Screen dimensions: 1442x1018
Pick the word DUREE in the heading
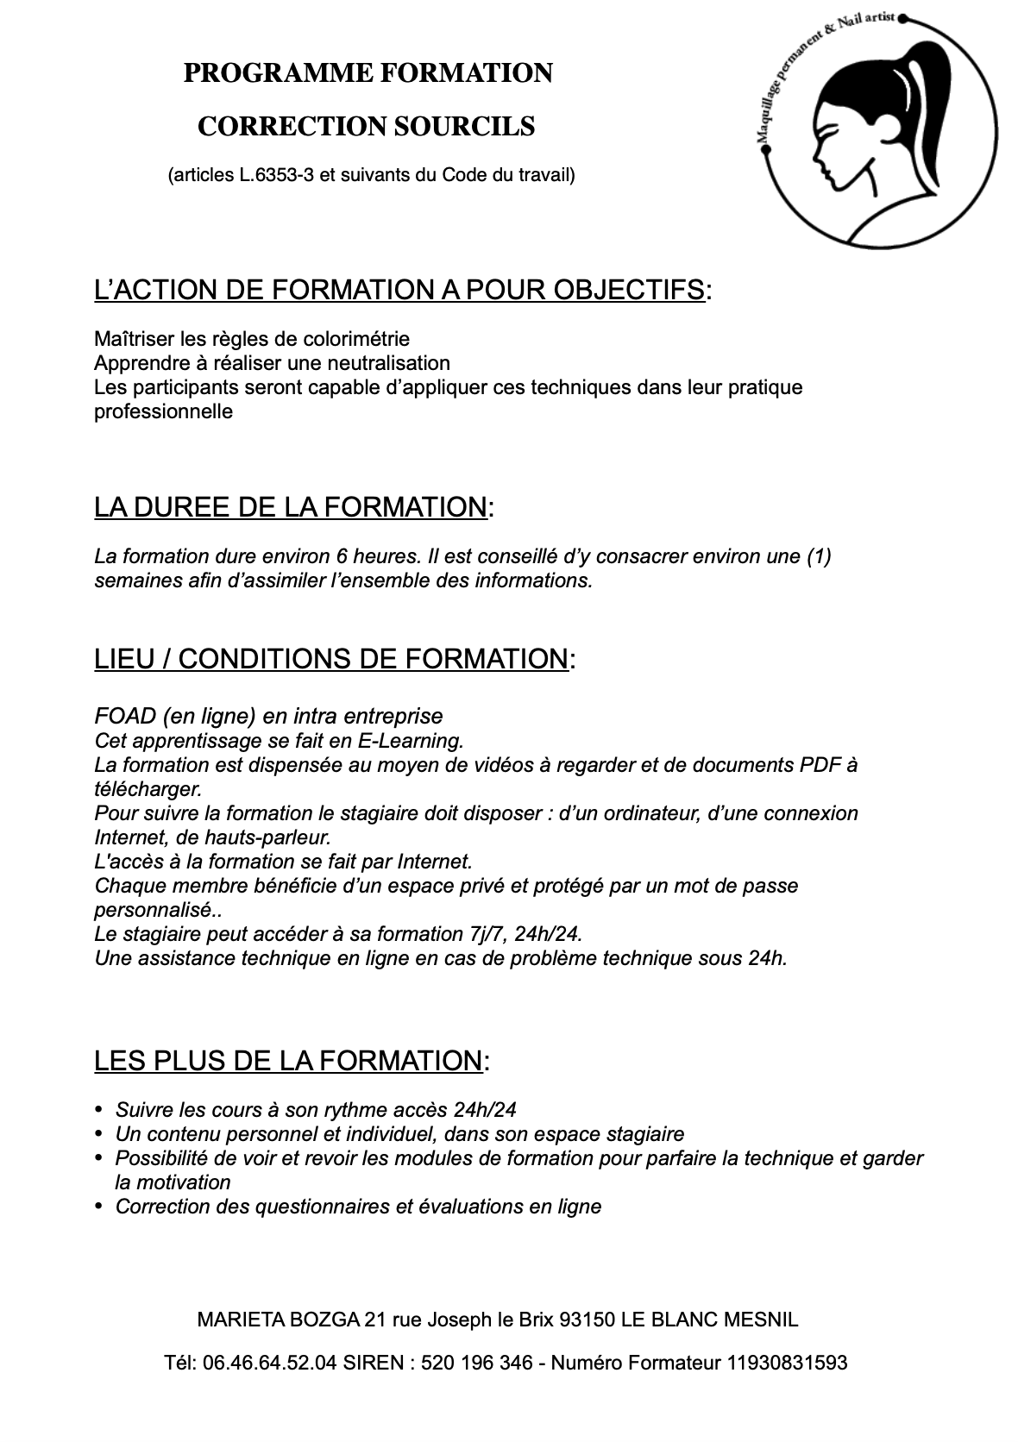pos(182,507)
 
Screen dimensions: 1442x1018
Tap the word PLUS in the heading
pos(192,1061)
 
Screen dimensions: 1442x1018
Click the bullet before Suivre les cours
pos(98,1110)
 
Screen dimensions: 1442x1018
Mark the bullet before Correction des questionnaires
pos(98,1207)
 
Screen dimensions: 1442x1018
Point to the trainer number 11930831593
pos(788,1364)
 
